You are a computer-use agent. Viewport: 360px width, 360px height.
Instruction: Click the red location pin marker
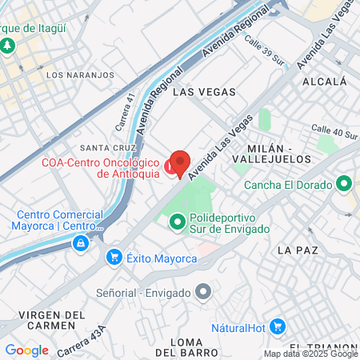[180, 163]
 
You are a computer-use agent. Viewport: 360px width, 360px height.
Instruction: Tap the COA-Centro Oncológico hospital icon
[170, 166]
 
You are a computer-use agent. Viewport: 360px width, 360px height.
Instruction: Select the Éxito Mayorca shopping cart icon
[114, 257]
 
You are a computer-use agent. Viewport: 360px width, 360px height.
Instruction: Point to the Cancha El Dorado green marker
[345, 184]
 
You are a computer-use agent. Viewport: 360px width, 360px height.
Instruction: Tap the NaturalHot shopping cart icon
[278, 326]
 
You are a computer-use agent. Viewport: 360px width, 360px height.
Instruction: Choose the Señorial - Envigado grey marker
[203, 292]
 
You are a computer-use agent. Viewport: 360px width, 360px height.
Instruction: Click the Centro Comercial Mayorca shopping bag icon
[82, 242]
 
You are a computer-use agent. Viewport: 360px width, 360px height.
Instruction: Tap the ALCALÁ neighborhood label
[325, 82]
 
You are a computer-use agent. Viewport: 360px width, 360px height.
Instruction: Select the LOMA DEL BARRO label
[186, 346]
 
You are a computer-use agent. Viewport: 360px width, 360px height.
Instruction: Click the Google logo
[26, 350]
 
